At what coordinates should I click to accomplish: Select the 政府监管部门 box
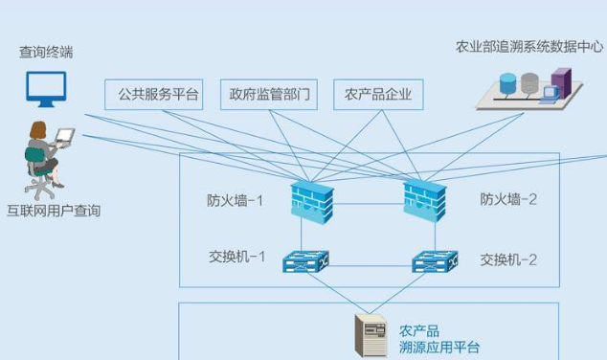[269, 95]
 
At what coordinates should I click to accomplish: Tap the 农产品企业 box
[378, 95]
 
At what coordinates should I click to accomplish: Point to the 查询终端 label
[45, 53]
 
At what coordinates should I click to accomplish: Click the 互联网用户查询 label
[54, 211]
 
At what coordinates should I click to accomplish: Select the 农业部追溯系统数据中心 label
[529, 45]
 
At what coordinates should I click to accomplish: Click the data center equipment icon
[530, 86]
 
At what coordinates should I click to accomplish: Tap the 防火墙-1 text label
[235, 200]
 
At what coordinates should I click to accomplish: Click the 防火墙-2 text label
[508, 200]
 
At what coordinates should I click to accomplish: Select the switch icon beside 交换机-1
[306, 259]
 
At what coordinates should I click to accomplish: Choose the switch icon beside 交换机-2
[434, 259]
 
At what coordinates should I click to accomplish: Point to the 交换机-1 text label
[237, 259]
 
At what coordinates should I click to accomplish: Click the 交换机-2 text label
[508, 259]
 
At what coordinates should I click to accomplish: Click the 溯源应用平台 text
[439, 348]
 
